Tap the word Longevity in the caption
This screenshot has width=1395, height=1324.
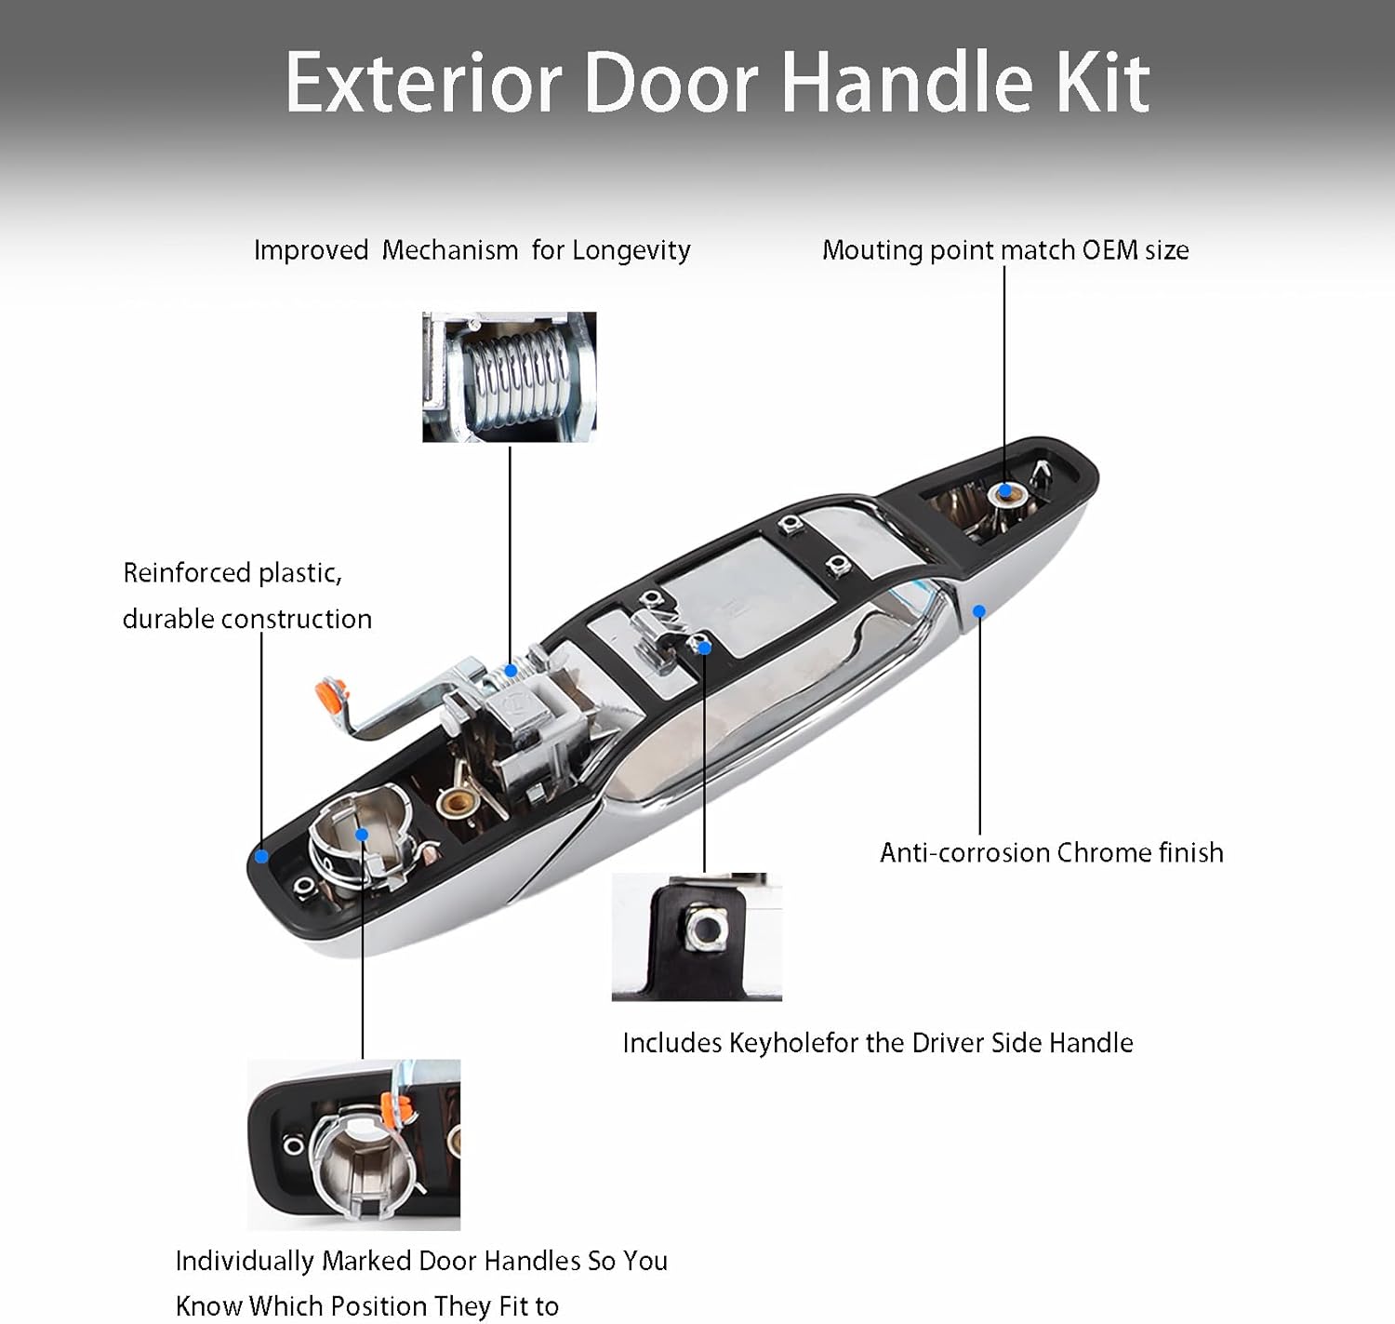tap(631, 250)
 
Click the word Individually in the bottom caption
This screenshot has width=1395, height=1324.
tap(245, 1261)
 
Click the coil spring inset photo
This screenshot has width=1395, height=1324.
tap(509, 377)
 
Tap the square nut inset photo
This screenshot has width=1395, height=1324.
tap(697, 936)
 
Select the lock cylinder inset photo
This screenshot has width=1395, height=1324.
tap(353, 1144)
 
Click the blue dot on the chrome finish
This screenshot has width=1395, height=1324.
tap(979, 611)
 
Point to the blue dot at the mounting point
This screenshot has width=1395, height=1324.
tap(1005, 490)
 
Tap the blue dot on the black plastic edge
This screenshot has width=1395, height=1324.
tap(262, 856)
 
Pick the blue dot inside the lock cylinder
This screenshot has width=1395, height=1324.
tap(362, 835)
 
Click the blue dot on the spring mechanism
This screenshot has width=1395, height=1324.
tap(511, 670)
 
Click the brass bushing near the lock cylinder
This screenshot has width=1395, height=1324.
tap(456, 801)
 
